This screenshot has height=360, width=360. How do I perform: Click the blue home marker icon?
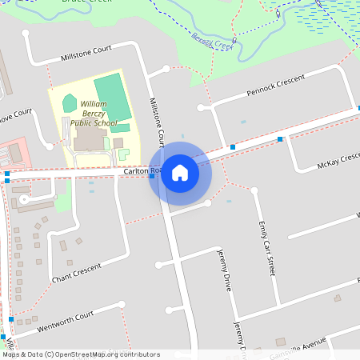point(180,173)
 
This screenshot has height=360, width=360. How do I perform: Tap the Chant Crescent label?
point(77,273)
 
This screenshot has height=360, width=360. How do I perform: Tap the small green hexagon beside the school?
point(70,103)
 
